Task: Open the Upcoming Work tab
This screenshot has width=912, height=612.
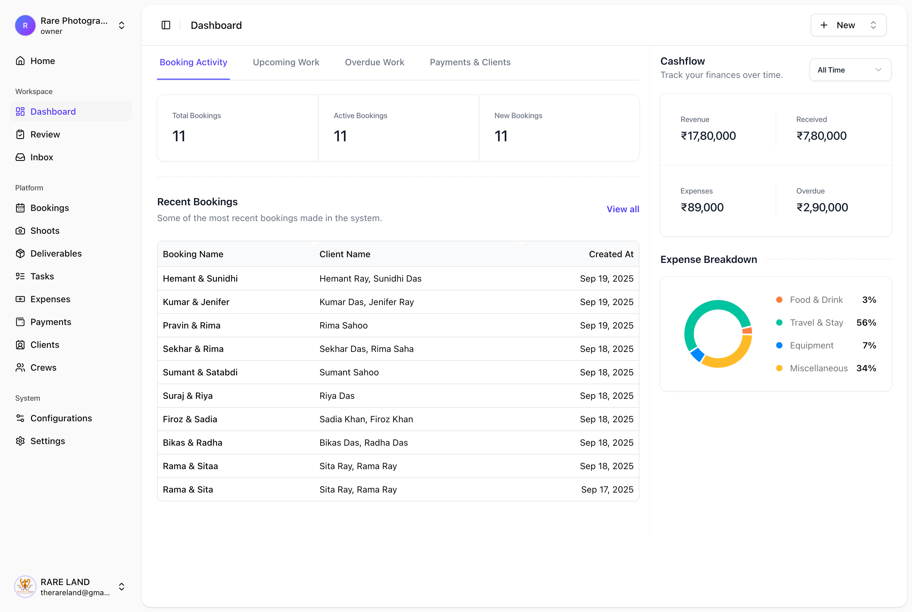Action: [x=286, y=62]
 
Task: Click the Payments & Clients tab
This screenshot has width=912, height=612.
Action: [x=470, y=62]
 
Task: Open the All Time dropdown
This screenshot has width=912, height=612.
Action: [x=850, y=70]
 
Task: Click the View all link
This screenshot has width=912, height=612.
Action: [x=622, y=209]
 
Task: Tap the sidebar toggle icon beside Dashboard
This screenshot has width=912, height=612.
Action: [x=166, y=25]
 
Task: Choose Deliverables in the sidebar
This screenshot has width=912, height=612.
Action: [x=56, y=254]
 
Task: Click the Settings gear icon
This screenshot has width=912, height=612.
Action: [x=20, y=441]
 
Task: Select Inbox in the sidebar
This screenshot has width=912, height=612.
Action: [x=41, y=157]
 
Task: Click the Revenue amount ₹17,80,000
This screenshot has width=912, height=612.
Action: [x=708, y=136]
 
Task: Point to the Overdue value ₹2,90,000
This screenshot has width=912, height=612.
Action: [x=821, y=207]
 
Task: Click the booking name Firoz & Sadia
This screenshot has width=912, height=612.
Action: [x=190, y=419]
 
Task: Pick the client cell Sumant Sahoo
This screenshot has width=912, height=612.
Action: [x=349, y=372]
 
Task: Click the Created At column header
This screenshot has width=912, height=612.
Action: [x=611, y=254]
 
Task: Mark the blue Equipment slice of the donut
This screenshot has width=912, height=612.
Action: [x=697, y=354]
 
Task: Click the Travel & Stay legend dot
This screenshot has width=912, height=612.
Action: [x=779, y=322]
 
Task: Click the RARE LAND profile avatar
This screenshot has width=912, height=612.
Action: [x=25, y=587]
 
